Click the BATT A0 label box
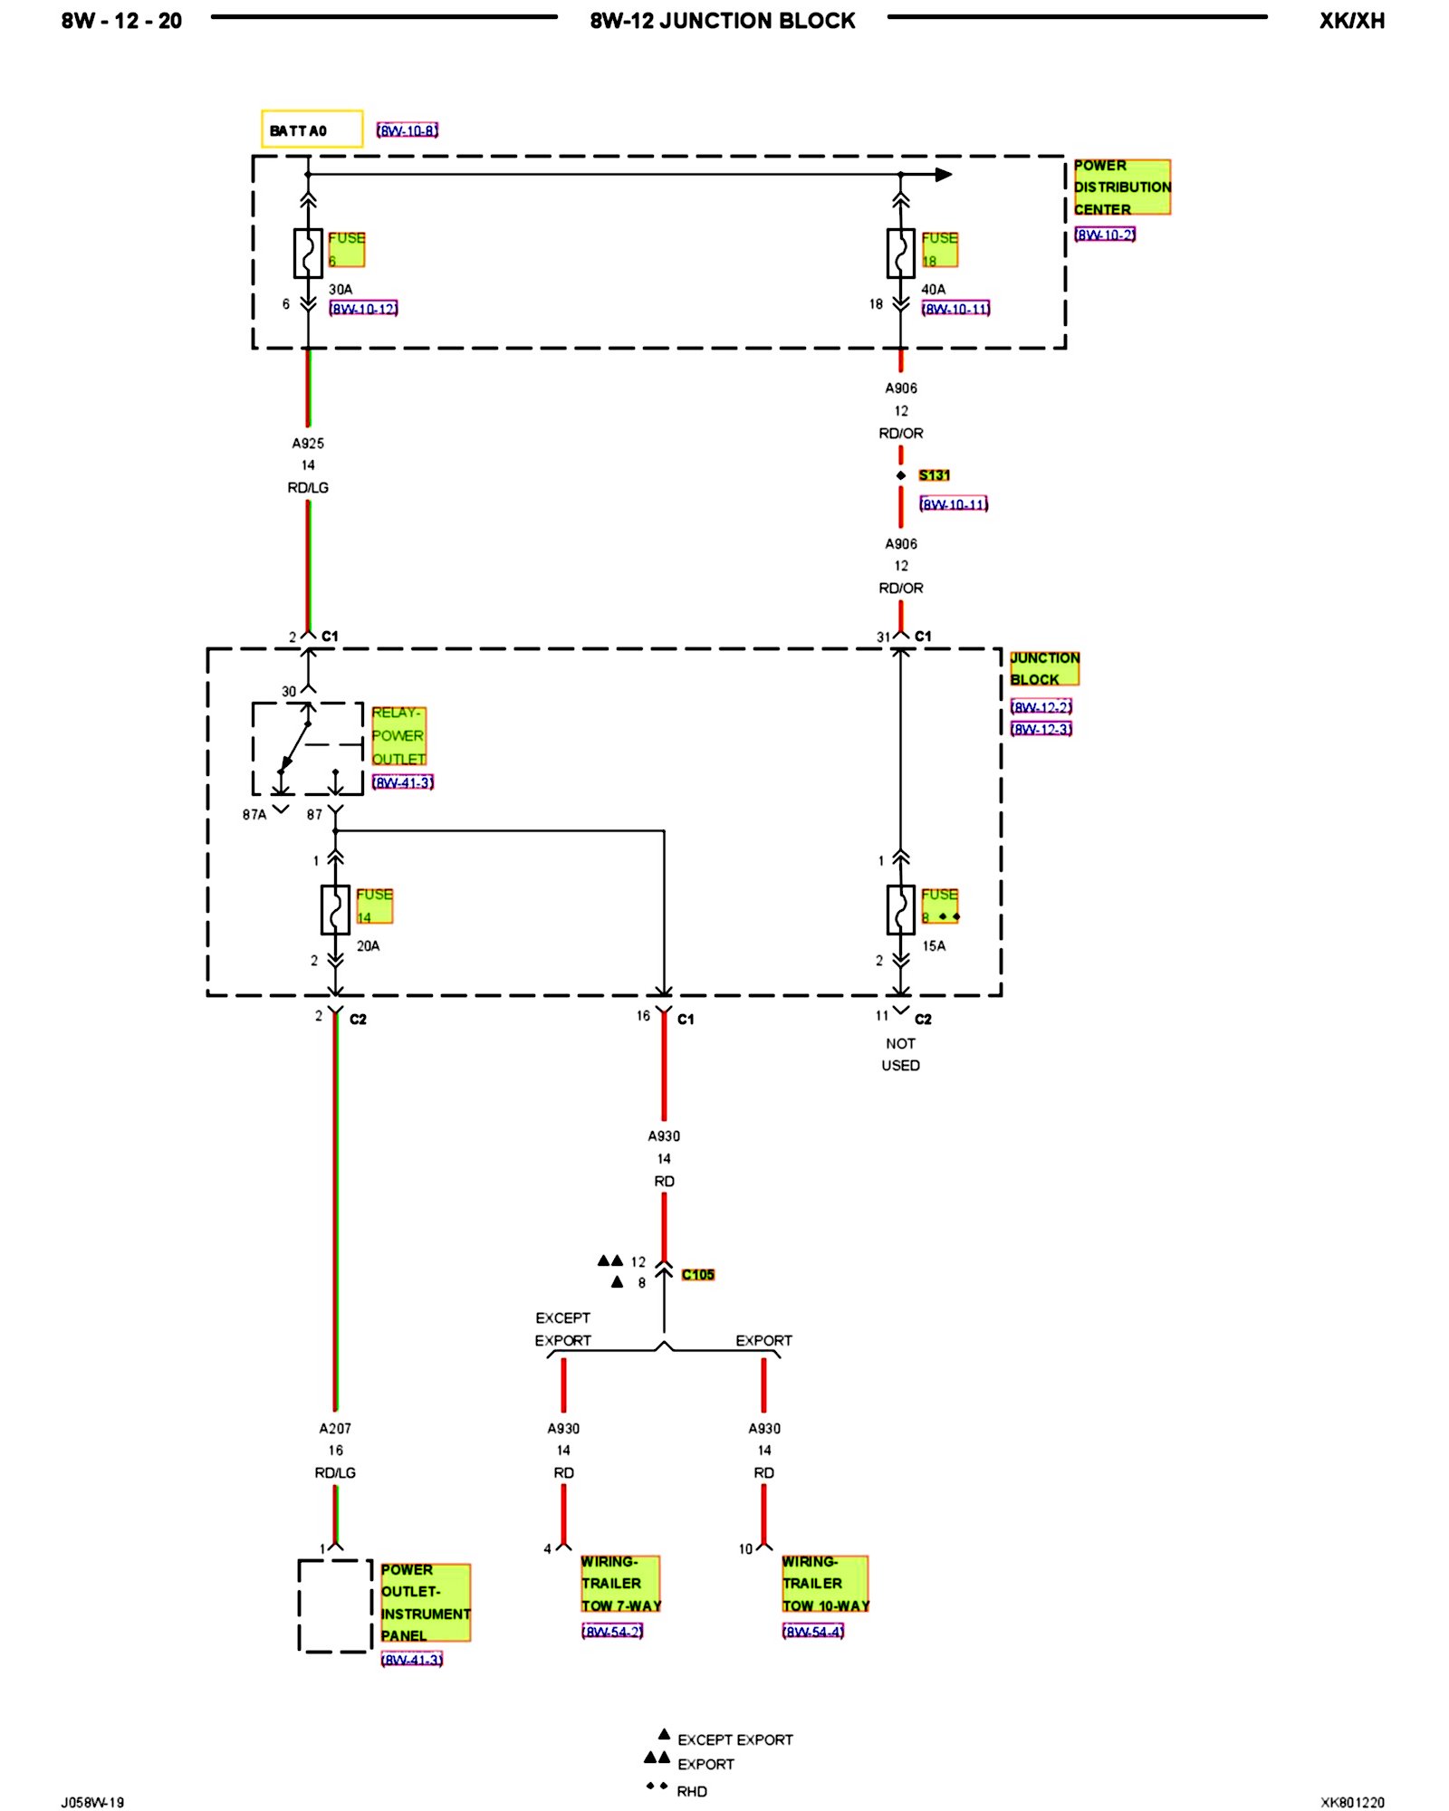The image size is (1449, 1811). (312, 129)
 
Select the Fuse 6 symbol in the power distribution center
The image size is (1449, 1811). (308, 253)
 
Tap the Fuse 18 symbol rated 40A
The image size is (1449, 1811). (900, 253)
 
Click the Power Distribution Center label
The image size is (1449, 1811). (1121, 187)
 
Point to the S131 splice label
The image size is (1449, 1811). (934, 475)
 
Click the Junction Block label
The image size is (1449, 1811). (1044, 669)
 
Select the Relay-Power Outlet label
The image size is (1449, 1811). (398, 736)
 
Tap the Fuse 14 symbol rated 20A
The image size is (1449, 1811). (335, 909)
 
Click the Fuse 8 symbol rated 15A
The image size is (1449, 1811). (900, 909)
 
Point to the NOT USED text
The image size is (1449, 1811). (900, 1055)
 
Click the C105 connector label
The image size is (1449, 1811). (697, 1275)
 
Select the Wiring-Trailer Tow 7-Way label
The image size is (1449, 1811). (620, 1584)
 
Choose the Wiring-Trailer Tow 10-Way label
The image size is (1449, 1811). (825, 1584)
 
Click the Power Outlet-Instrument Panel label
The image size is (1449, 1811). (425, 1603)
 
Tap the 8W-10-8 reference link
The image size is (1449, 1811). (408, 130)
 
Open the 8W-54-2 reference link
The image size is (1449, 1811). (612, 1632)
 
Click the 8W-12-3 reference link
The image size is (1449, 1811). (1041, 729)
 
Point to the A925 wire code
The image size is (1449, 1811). (308, 444)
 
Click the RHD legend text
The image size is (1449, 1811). (692, 1791)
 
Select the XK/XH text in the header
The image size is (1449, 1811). (1351, 21)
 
